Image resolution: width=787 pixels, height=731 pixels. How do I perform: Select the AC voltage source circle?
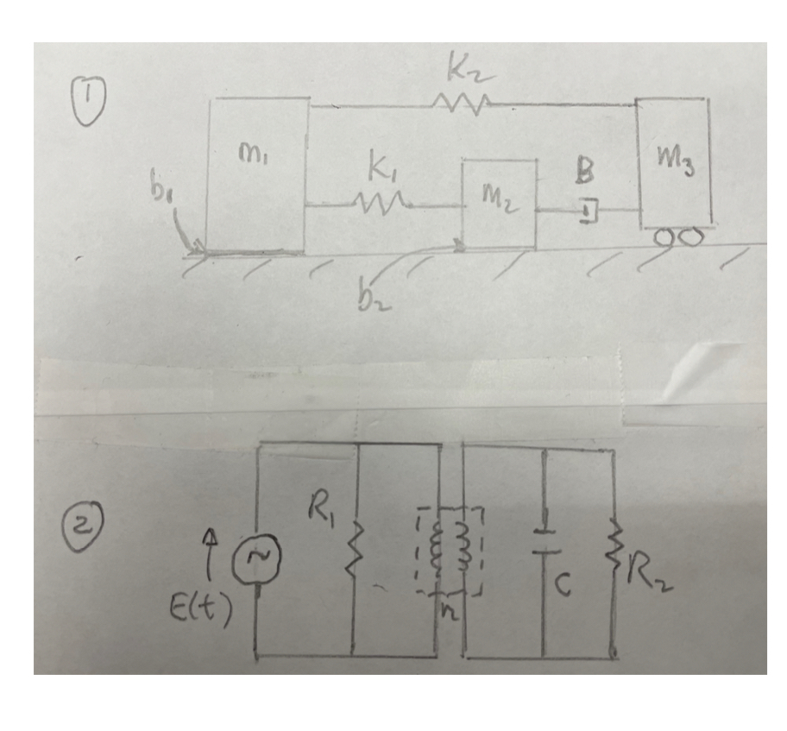(259, 561)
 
